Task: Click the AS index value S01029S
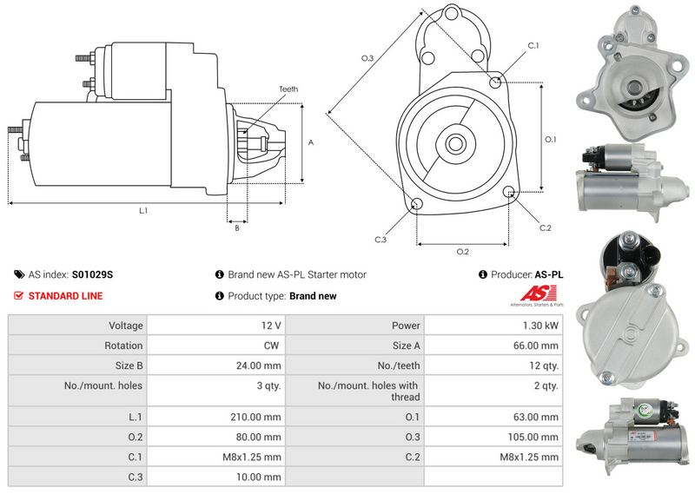click(x=92, y=274)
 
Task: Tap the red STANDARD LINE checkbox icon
click(x=18, y=295)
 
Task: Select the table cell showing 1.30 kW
click(x=540, y=326)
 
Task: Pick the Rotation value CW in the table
click(x=271, y=346)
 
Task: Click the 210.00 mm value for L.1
click(x=255, y=417)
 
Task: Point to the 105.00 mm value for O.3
click(x=533, y=437)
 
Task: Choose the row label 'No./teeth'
click(x=399, y=366)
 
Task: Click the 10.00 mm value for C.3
click(x=258, y=477)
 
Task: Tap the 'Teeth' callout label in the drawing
click(x=288, y=89)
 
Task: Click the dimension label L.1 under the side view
click(x=143, y=211)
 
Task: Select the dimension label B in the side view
click(x=237, y=228)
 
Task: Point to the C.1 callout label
click(x=533, y=46)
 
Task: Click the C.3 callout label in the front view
click(x=381, y=240)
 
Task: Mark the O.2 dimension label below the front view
click(x=462, y=252)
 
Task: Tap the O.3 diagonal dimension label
click(x=367, y=58)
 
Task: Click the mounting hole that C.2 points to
click(x=509, y=192)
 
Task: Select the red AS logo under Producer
click(x=538, y=293)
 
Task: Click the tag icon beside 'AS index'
click(x=19, y=274)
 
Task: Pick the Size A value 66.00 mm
click(x=536, y=346)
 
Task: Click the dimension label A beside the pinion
click(x=311, y=142)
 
